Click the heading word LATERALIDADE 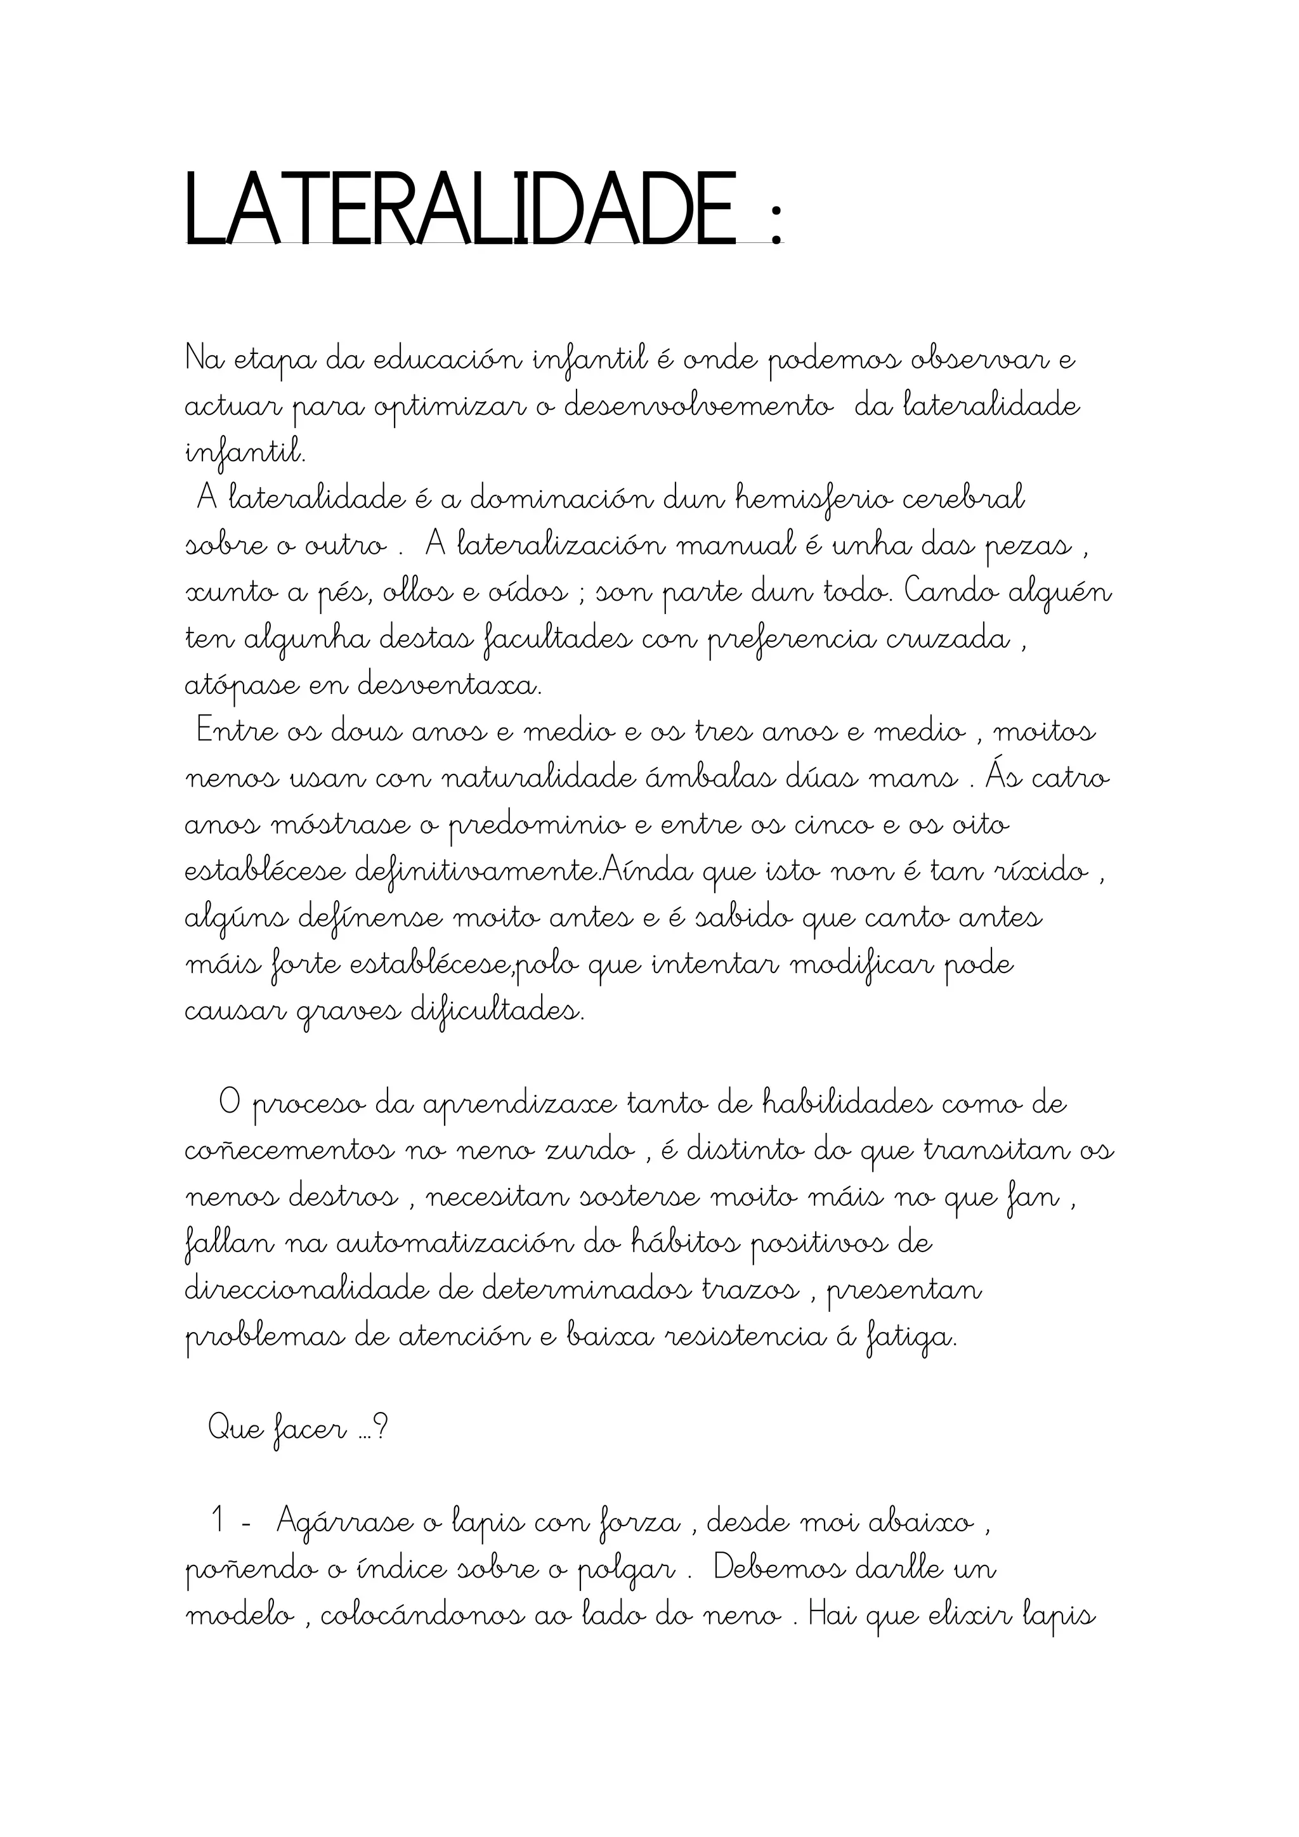(x=459, y=209)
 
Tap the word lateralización (x=560, y=546)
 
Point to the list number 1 (x=218, y=1521)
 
